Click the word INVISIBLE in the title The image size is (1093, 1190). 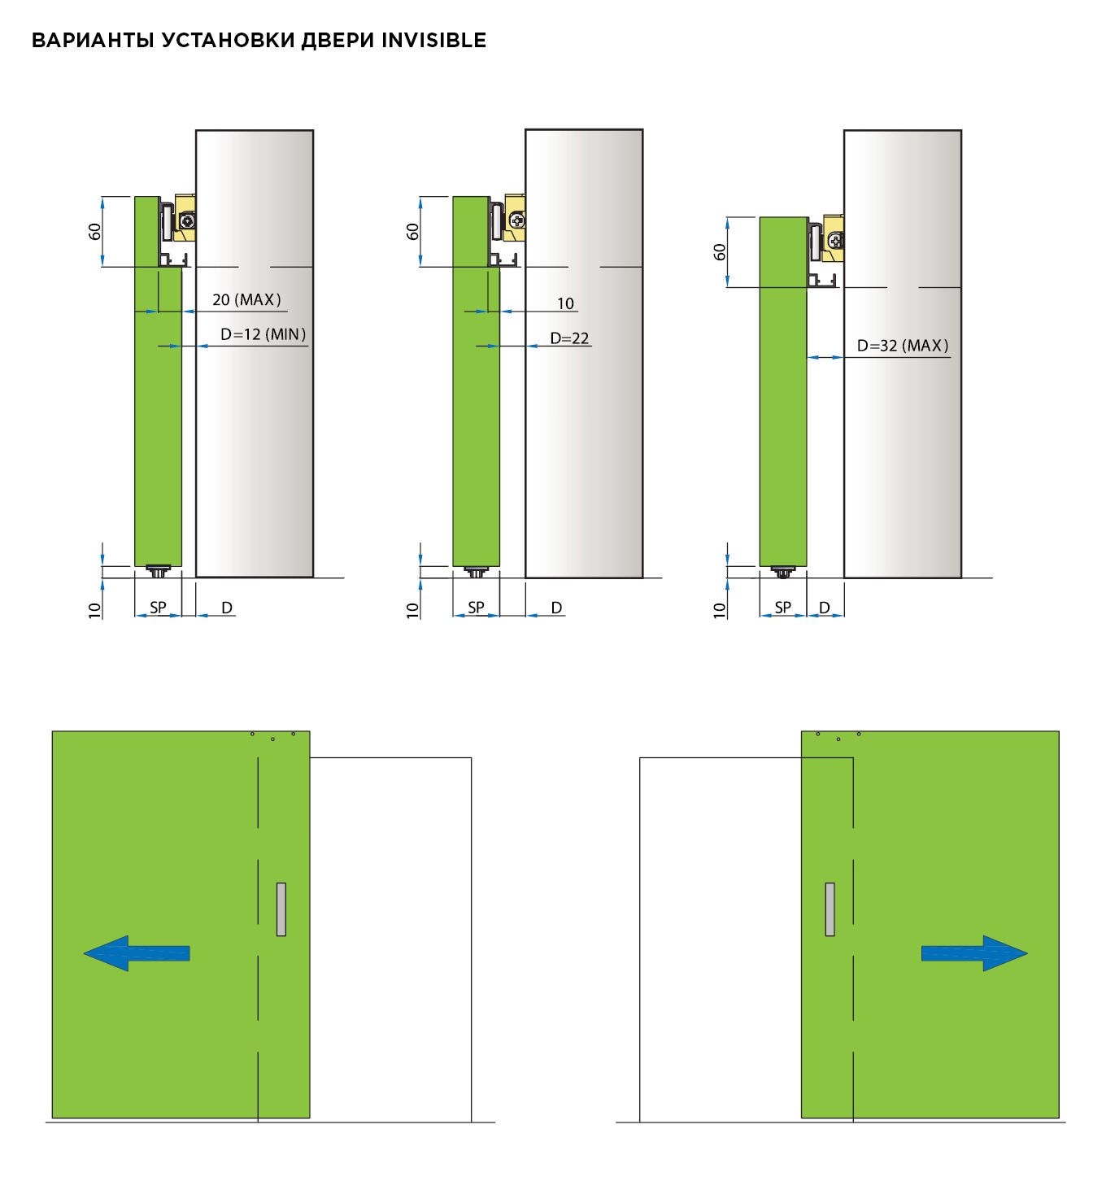point(433,41)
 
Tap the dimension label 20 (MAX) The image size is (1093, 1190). point(247,299)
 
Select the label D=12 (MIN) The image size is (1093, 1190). point(263,334)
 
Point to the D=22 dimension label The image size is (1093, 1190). point(569,338)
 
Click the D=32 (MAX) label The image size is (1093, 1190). point(904,345)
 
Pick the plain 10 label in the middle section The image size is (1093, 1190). point(565,303)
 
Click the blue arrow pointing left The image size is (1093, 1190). point(137,953)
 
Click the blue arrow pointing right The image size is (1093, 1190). point(974,953)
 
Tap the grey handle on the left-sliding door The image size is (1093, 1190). point(281,909)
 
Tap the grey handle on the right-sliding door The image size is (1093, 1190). point(830,909)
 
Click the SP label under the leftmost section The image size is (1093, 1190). point(158,608)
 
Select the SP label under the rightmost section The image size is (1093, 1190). point(782,608)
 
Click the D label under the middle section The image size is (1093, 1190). point(556,608)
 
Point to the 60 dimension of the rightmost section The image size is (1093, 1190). point(719,252)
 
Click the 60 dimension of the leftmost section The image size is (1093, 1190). point(94,231)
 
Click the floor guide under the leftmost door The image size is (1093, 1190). point(158,571)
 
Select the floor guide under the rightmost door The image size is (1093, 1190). point(782,572)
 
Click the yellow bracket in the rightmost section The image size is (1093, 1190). point(834,238)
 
